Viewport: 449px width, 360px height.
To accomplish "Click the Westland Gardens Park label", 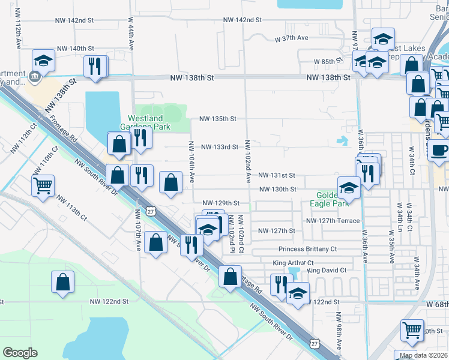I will (x=148, y=122).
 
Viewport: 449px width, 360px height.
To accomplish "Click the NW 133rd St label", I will (x=220, y=147).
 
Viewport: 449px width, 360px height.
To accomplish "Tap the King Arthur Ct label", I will (x=293, y=263).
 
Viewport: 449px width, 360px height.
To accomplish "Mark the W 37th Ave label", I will (x=291, y=38).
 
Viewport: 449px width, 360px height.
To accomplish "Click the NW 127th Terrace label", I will (x=333, y=221).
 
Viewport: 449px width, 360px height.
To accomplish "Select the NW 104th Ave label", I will (x=191, y=162).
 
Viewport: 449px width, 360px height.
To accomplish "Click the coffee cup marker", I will (x=439, y=150).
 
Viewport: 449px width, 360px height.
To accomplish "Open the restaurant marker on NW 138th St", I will (x=95, y=65).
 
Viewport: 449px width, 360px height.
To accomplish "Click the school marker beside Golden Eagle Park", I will (x=349, y=188).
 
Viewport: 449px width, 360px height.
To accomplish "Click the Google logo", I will (x=20, y=352).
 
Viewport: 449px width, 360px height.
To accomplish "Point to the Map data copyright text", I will (x=424, y=355).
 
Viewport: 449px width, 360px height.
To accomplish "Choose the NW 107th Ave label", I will (x=138, y=230).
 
